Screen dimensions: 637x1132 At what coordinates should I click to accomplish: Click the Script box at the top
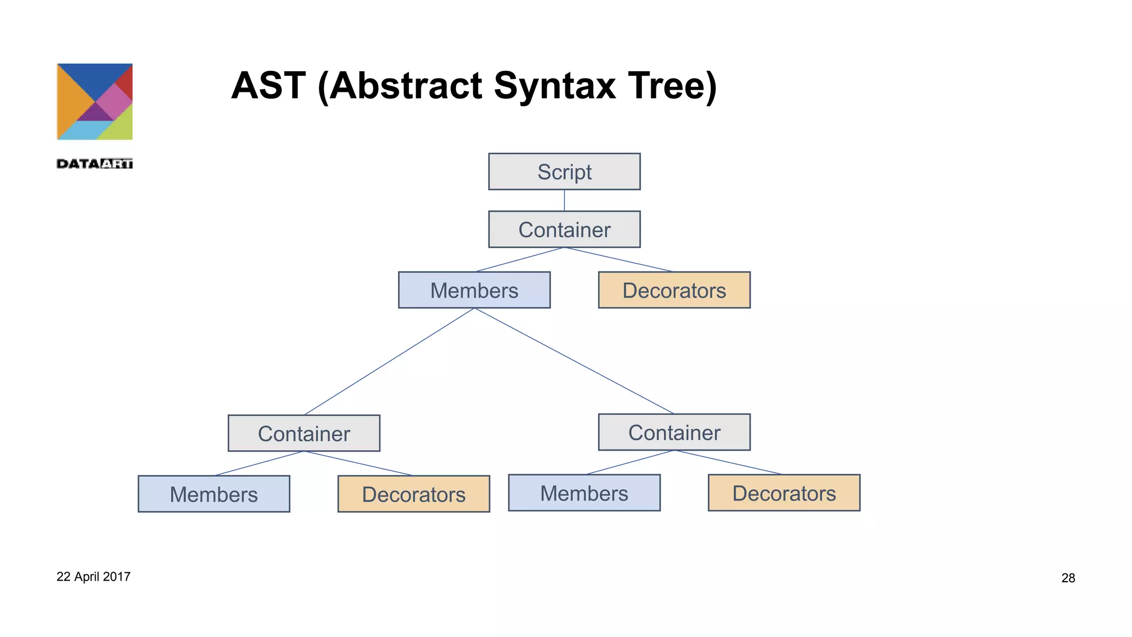(564, 171)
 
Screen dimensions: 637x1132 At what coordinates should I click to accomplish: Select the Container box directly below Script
(564, 229)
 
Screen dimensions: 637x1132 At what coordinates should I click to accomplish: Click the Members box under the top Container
(474, 290)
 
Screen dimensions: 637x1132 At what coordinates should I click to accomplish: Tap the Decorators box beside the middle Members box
(674, 290)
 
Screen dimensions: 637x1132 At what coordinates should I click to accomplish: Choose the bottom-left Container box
(304, 433)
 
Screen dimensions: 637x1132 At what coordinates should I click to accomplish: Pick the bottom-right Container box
(674, 432)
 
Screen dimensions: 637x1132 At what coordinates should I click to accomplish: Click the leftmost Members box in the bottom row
(214, 494)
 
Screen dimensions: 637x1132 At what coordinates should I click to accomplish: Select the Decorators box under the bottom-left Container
(413, 494)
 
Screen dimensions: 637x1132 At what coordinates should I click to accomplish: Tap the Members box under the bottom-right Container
(584, 493)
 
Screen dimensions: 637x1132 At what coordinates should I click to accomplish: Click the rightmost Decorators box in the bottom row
(784, 493)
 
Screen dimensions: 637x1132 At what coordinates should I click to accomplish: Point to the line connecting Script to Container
(564, 200)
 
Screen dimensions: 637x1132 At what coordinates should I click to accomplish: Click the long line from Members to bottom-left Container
(389, 362)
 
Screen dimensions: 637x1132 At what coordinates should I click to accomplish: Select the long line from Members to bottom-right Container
(574, 361)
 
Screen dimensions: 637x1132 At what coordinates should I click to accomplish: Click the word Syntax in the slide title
(554, 86)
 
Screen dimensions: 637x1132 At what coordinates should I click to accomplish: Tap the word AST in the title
(268, 86)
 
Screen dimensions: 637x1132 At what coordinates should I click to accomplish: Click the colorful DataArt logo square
(95, 102)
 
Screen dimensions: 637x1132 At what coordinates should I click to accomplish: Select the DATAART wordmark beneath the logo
(95, 164)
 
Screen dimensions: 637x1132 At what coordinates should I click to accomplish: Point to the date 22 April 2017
(93, 577)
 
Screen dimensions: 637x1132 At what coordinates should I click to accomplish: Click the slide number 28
(1068, 578)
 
